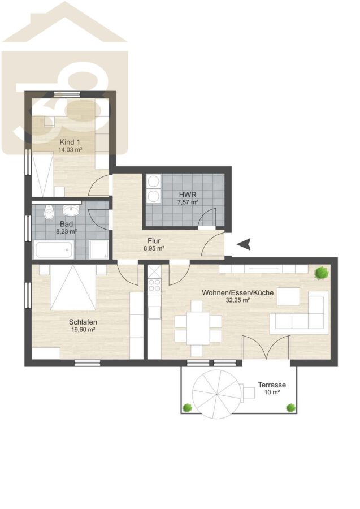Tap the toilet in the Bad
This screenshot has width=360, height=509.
(49, 212)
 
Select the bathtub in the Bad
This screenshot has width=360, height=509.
(53, 249)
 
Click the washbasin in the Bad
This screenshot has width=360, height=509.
(72, 210)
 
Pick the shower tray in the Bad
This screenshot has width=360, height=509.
(99, 249)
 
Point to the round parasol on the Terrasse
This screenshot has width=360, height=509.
(216, 394)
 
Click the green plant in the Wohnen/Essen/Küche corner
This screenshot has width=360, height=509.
(322, 273)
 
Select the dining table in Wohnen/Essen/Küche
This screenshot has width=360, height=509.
(198, 329)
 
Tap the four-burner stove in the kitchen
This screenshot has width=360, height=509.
(154, 285)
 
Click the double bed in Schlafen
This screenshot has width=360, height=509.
(73, 287)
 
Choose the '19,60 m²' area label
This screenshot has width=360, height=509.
(83, 330)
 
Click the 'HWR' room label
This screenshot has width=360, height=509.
(188, 195)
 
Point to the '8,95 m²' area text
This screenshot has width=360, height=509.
(154, 248)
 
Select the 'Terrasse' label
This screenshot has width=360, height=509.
(272, 385)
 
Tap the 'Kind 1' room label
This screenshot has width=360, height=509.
(70, 142)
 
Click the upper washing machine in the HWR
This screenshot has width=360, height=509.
(153, 182)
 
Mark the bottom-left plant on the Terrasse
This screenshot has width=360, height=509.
(187, 407)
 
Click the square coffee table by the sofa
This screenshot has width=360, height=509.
(288, 296)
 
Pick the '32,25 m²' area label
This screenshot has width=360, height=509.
(237, 300)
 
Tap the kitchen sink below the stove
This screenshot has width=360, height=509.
(154, 312)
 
